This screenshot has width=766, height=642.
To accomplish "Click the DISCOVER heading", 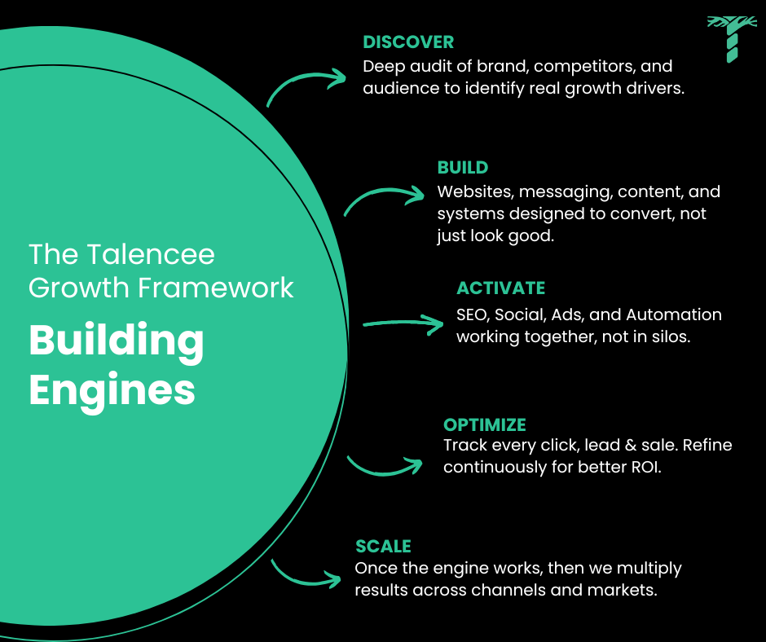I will coord(408,42).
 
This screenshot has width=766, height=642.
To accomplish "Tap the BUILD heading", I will coord(462,168).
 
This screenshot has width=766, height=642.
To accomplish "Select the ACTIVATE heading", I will coord(500,288).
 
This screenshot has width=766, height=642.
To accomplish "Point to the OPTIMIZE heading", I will coord(484,424).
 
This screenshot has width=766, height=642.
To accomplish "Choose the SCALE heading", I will coord(383,546).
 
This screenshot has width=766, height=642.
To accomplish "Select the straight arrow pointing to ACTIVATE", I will coord(402,324).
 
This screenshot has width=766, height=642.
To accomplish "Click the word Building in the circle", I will coord(117,341).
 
